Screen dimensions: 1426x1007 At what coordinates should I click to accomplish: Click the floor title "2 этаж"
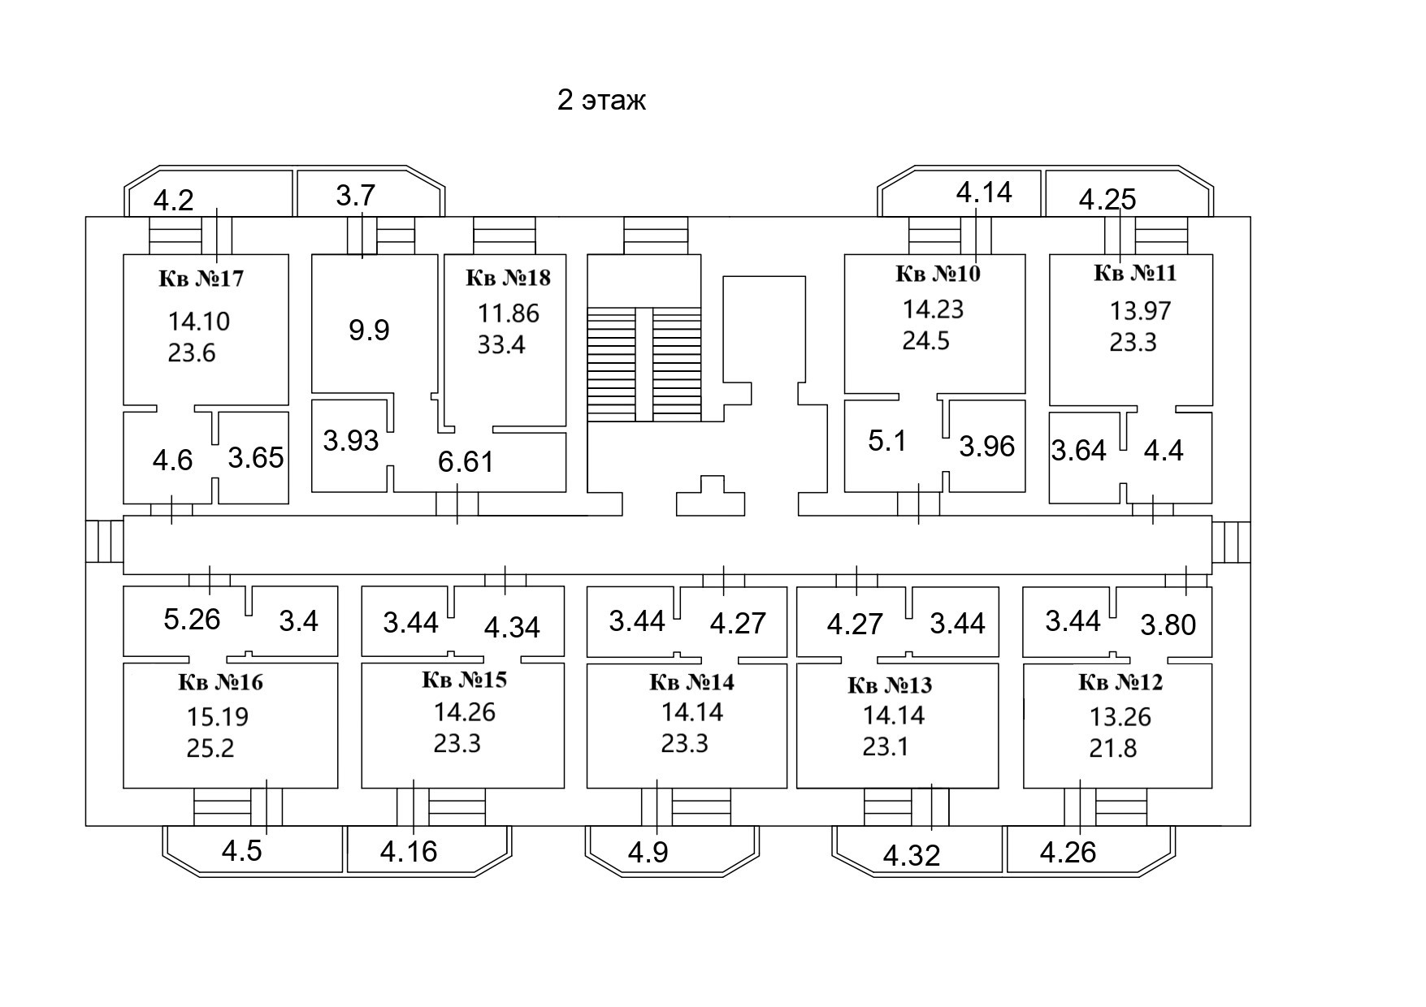(x=601, y=101)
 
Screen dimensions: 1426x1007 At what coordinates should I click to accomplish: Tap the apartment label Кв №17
(x=201, y=279)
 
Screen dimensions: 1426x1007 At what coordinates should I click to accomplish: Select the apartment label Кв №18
(x=508, y=278)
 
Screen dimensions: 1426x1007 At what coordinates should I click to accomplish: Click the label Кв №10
(x=938, y=274)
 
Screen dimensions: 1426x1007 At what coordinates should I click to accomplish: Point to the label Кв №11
(x=1135, y=273)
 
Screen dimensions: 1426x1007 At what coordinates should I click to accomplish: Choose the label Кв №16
(x=220, y=682)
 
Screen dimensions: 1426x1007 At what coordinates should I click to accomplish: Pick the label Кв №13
(x=890, y=685)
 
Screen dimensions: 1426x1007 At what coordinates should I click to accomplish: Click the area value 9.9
(x=369, y=330)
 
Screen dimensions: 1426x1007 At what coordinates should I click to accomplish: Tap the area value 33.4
(x=501, y=344)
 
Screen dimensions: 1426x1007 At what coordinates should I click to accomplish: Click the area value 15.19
(x=218, y=717)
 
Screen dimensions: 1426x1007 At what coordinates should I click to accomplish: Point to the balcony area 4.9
(x=648, y=854)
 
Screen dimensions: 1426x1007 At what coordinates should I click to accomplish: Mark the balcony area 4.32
(x=911, y=855)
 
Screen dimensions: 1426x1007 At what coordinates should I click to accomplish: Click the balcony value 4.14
(x=984, y=192)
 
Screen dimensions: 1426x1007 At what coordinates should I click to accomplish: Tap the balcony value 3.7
(x=355, y=196)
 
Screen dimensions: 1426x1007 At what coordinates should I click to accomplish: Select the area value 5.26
(x=192, y=620)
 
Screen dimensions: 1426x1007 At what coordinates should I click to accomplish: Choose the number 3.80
(x=1168, y=625)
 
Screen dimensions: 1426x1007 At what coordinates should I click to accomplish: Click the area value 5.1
(x=886, y=441)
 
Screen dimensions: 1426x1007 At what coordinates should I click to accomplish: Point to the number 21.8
(x=1112, y=748)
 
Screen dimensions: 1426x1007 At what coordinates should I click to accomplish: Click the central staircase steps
(x=644, y=364)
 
